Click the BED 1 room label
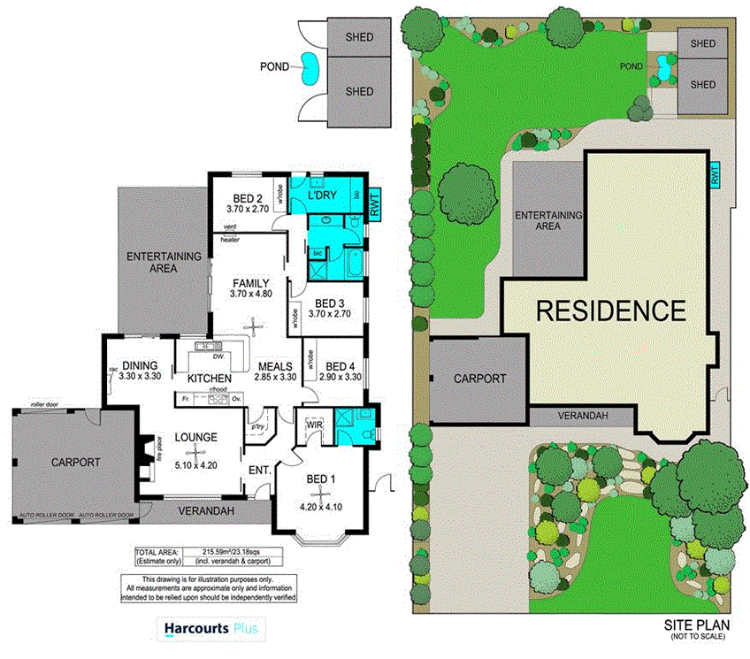318,479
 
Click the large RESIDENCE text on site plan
611,310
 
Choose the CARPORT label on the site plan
479,379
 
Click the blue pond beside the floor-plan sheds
310,67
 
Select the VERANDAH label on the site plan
582,416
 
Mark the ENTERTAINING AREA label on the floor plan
164,263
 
